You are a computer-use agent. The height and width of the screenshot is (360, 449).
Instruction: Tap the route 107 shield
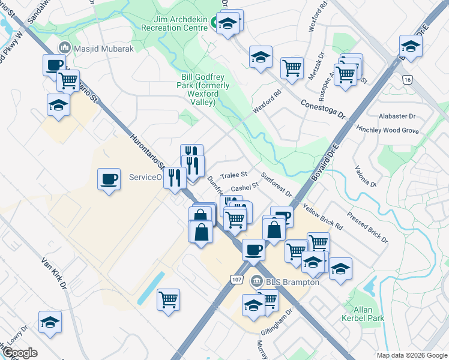237,280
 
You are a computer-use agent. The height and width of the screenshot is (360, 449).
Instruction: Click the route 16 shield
408,79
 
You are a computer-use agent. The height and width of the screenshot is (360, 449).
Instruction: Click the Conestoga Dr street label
324,108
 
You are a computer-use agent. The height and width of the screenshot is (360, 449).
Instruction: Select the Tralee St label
234,175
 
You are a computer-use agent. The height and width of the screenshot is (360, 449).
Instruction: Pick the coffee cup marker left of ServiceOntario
109,179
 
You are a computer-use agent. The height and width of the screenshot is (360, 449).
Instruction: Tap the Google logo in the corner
20,353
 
